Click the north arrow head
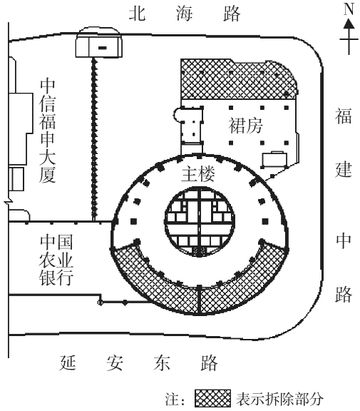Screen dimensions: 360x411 click(349, 24)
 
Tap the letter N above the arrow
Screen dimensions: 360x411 click(349, 9)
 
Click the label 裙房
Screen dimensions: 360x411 click(245, 126)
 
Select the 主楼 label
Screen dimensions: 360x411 click(198, 173)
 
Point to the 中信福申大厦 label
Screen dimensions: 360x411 click(47, 131)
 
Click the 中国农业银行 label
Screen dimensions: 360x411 click(56, 260)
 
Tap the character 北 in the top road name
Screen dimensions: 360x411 click(137, 13)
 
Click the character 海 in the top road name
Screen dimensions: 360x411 click(185, 13)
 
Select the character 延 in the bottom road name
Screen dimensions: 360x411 click(68, 362)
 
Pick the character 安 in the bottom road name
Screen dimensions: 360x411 click(115, 362)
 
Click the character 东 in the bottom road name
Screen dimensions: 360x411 click(162, 362)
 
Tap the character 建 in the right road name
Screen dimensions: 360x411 click(343, 169)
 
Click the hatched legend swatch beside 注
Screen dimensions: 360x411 click(212, 398)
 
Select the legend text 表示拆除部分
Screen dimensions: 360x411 click(279, 399)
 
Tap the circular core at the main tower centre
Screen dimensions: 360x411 click(200, 221)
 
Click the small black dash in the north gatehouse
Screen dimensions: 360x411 click(103, 48)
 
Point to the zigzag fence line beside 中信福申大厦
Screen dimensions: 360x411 click(94, 139)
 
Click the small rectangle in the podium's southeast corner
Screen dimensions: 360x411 click(274, 159)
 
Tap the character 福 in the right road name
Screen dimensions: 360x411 click(343, 116)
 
